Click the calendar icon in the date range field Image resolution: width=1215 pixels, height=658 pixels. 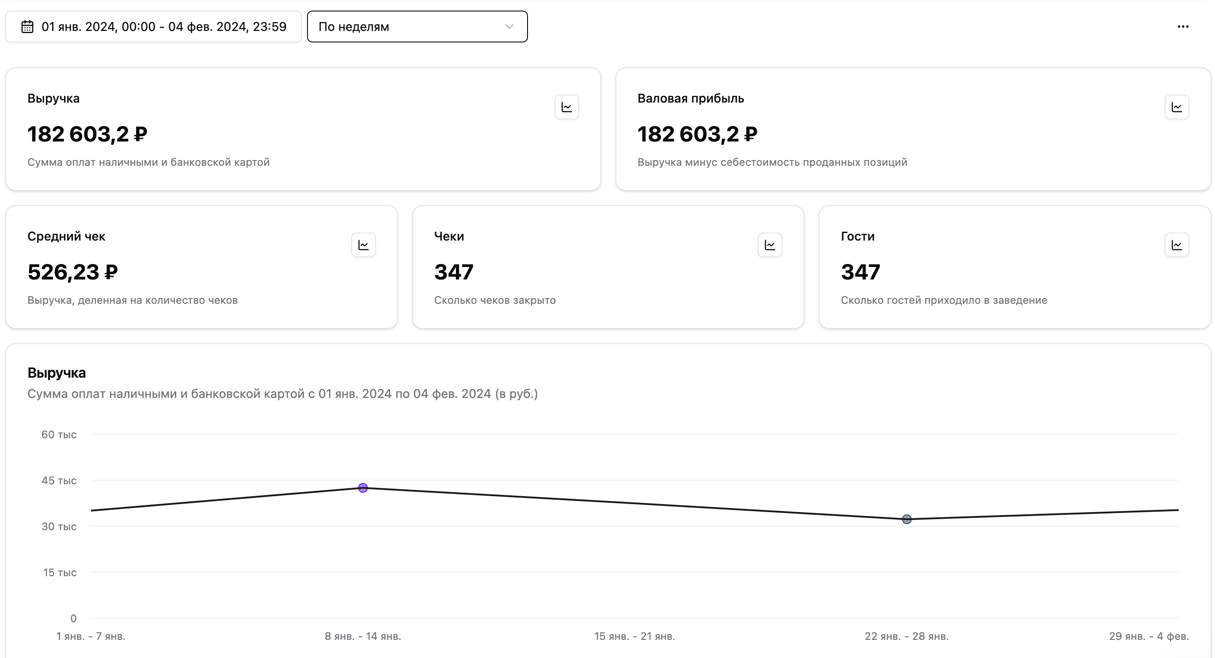[27, 27]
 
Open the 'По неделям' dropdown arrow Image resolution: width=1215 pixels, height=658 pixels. [509, 27]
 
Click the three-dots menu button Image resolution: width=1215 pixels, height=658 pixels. [1182, 27]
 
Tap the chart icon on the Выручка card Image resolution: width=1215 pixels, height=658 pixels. [566, 107]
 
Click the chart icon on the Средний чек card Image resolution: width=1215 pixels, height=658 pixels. [363, 245]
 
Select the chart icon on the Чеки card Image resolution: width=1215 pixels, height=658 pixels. [770, 245]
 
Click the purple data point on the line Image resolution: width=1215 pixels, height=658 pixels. [363, 488]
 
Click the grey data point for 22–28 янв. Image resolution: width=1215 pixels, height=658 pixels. [907, 519]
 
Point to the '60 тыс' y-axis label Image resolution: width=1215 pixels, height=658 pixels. [59, 434]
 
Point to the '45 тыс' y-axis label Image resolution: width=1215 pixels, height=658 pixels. [59, 481]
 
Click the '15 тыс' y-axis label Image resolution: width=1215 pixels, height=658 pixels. [60, 573]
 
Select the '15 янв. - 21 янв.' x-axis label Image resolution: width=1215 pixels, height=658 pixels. [634, 636]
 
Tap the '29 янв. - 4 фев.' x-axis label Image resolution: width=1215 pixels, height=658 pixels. [1148, 636]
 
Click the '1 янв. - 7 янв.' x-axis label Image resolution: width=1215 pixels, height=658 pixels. [91, 636]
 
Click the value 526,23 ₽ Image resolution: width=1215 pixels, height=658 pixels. [72, 272]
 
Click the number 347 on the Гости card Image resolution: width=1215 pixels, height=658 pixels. [860, 272]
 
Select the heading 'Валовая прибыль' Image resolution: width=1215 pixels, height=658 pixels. [691, 98]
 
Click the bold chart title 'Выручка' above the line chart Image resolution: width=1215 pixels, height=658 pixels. [57, 373]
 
